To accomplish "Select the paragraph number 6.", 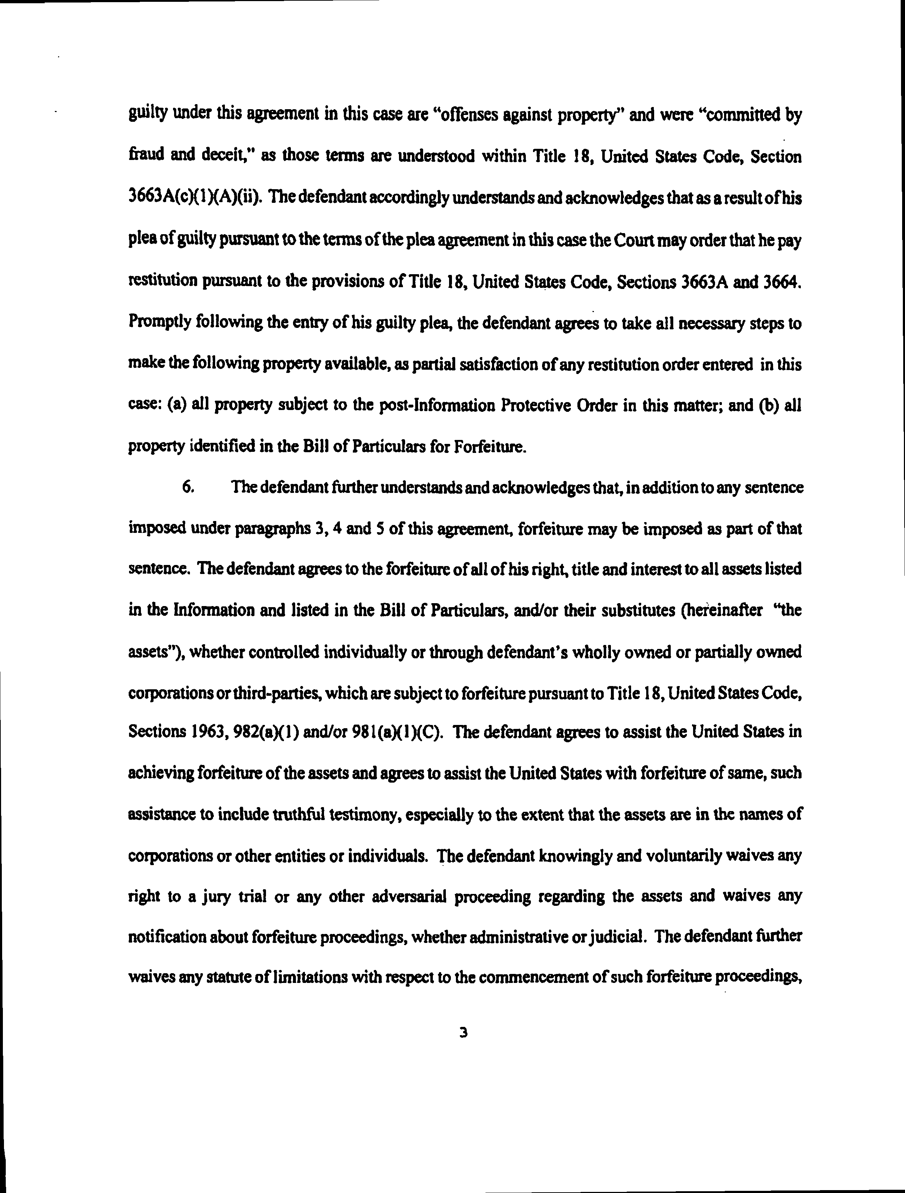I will pyautogui.click(x=188, y=487).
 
